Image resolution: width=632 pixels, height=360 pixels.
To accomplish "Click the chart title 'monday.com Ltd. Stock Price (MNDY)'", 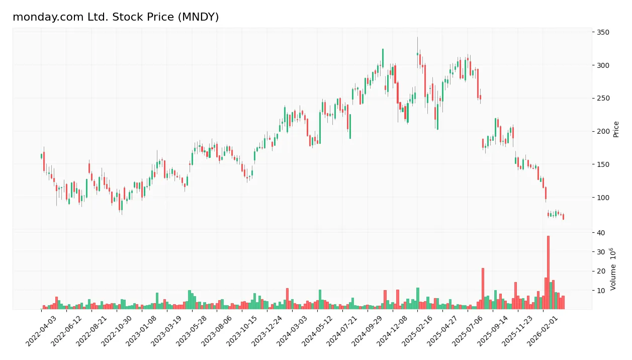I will click(116, 17).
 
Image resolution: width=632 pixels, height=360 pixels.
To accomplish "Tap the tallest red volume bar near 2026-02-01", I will click(548, 272).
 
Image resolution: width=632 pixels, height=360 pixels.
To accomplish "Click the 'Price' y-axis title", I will click(616, 129).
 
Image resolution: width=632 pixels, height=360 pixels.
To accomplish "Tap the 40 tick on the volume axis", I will click(601, 232).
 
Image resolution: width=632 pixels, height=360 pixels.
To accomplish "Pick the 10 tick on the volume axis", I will click(601, 291).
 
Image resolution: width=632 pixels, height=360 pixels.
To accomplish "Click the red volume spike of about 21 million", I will click(483, 289).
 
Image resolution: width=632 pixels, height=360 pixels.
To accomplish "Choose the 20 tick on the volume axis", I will click(601, 272).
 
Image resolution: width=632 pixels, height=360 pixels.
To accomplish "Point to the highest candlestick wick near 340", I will click(417, 38).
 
